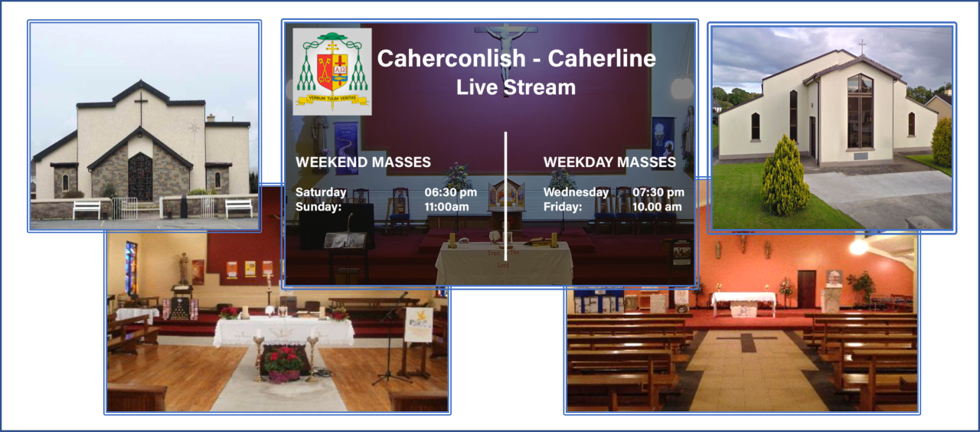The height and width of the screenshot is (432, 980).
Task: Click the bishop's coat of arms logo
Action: pos(332,71)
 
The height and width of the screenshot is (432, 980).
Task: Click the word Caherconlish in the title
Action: pos(451,58)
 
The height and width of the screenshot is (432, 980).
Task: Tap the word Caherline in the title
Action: pos(602,58)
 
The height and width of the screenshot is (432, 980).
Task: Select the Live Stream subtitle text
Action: pos(516,87)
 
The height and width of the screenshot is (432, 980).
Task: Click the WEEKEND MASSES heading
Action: pos(363,162)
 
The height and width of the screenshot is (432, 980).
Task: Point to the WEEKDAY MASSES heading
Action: pos(609,162)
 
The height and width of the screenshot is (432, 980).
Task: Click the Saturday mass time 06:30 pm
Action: pos(451,192)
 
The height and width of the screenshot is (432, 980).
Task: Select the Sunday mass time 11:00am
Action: pos(446,207)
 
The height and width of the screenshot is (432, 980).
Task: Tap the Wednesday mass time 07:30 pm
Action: pos(658,192)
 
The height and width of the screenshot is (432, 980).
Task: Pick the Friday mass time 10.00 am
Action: pos(657,207)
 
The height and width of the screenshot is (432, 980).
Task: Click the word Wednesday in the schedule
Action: pos(576,192)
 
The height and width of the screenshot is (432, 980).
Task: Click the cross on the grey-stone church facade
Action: pos(141,108)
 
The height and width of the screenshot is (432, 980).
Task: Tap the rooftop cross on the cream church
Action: pos(862,47)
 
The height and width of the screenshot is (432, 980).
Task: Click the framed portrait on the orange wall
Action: pos(834,278)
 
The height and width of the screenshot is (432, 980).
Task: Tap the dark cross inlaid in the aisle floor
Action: pos(748,342)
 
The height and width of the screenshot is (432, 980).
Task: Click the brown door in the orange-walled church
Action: pos(806,289)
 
